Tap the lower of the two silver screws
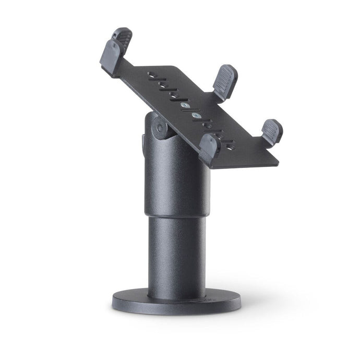[196, 115]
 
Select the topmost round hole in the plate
[151, 74]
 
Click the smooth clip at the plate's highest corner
[111, 57]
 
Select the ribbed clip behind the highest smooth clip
[123, 38]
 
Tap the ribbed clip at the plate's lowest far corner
[272, 131]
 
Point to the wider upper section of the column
[177, 177]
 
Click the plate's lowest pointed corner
[277, 165]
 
